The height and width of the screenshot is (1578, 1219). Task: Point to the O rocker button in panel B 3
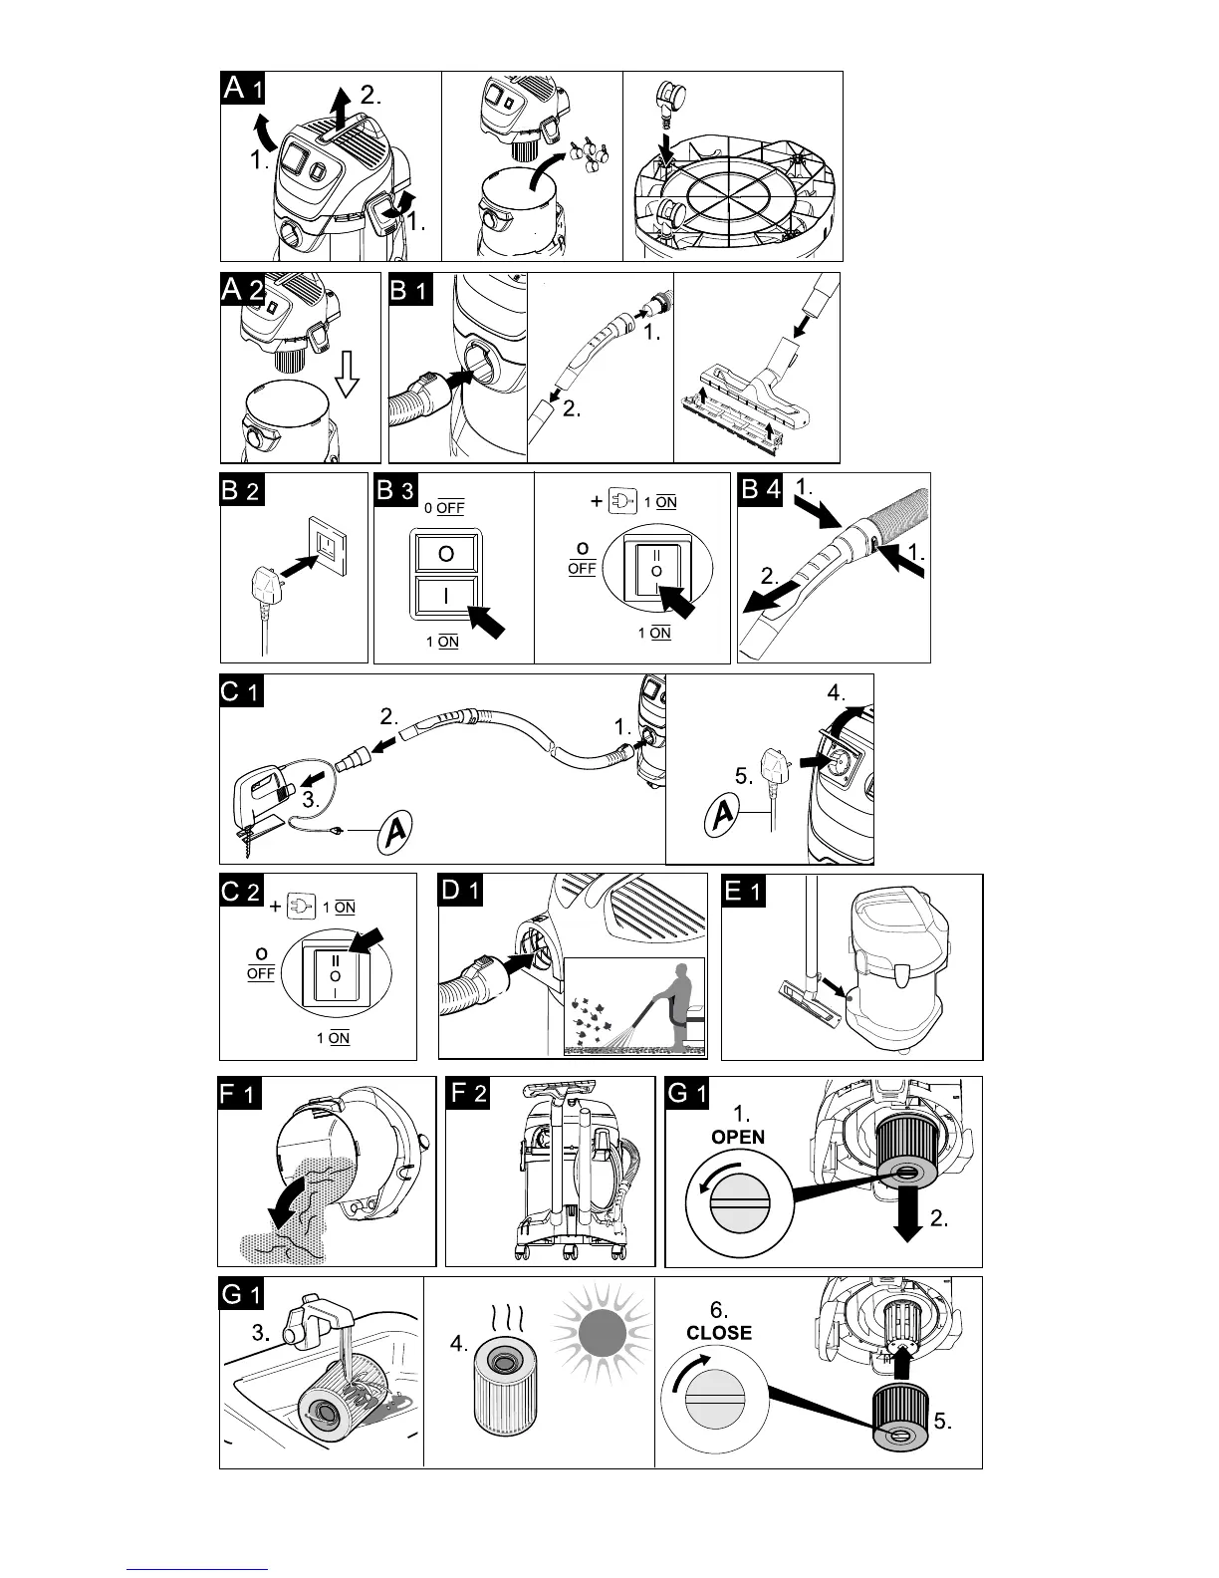click(446, 553)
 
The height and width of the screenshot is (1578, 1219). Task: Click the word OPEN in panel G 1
click(738, 1137)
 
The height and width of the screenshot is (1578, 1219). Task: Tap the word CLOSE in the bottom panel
click(719, 1333)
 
